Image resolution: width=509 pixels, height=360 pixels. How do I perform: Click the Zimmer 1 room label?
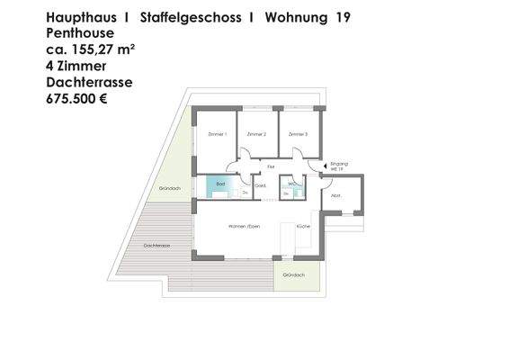click(x=217, y=134)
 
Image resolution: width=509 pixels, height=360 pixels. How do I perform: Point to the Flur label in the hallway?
click(x=270, y=166)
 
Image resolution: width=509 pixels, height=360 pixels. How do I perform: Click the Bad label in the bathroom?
click(x=219, y=183)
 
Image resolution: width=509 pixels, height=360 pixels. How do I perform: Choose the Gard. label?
click(x=261, y=186)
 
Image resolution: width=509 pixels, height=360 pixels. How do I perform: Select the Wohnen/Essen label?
click(x=244, y=226)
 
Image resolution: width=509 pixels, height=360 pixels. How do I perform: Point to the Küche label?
click(x=302, y=226)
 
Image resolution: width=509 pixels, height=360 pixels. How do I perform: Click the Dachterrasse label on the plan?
click(x=157, y=245)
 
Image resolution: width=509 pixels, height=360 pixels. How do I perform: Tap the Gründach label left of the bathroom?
click(x=170, y=188)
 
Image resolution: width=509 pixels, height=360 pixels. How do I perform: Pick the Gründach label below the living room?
click(x=293, y=274)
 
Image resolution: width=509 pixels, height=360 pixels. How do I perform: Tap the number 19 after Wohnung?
click(x=343, y=17)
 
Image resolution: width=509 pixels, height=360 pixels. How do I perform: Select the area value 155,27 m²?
click(x=102, y=49)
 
